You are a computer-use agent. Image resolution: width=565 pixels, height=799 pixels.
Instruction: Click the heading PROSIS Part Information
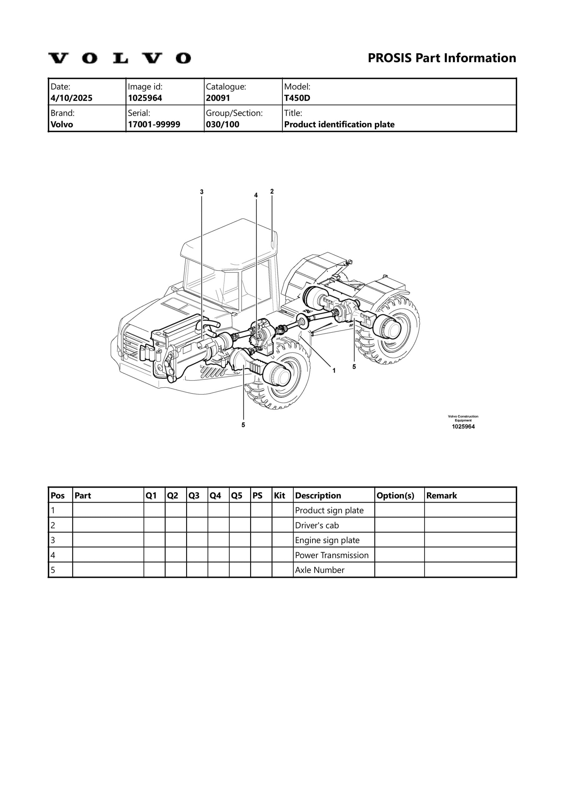(x=442, y=58)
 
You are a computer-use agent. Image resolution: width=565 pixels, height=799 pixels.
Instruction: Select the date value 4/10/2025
(x=72, y=98)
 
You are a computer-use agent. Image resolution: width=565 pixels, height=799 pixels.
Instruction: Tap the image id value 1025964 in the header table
(x=145, y=98)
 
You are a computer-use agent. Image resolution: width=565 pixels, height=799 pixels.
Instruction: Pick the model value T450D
(x=297, y=98)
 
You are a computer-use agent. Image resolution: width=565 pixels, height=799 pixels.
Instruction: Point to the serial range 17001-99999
(x=154, y=125)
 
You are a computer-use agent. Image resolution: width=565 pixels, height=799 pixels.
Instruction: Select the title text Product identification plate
(x=339, y=125)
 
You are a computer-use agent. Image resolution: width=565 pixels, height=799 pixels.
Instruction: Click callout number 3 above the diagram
(x=202, y=192)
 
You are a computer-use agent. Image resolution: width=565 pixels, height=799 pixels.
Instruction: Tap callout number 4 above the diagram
(x=256, y=195)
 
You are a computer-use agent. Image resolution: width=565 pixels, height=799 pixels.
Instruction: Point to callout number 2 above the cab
(x=272, y=191)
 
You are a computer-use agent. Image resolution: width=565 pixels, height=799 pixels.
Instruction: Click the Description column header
(x=318, y=496)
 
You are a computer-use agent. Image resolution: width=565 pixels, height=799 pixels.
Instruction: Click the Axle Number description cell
(x=320, y=570)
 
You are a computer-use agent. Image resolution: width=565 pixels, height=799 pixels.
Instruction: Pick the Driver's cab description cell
(x=317, y=526)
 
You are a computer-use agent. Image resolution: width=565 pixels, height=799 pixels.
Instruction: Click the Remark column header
(x=441, y=496)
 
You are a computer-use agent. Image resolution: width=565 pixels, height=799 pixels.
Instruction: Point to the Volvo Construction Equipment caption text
(x=463, y=418)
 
